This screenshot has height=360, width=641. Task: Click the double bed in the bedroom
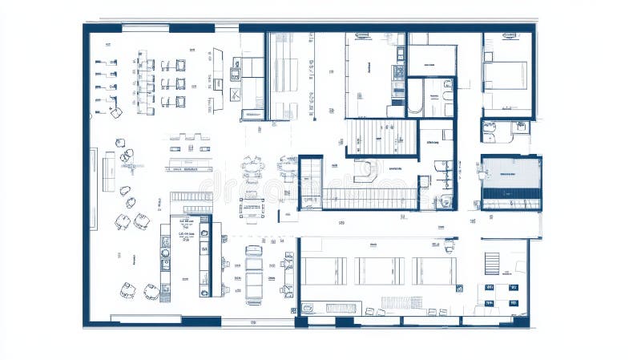(506, 77)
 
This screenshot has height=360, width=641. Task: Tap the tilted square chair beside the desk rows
(116, 112)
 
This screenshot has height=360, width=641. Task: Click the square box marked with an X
(235, 95)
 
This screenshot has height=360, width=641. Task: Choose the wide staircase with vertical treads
(382, 136)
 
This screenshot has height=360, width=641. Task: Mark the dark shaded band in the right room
(510, 193)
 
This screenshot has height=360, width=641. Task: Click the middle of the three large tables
(379, 271)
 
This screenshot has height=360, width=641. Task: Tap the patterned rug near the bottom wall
(401, 302)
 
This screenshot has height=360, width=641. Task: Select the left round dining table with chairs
(252, 169)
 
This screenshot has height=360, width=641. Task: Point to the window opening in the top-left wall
(145, 28)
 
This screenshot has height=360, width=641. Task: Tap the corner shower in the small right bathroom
(490, 127)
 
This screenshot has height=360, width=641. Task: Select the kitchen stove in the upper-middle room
(398, 73)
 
